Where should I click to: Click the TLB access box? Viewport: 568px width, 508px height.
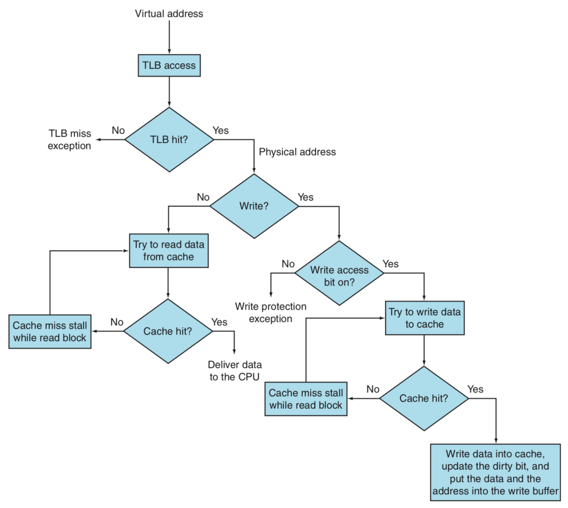click(x=169, y=65)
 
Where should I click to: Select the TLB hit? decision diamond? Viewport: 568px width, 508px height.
click(x=169, y=139)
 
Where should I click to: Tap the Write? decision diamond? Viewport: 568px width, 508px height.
click(x=254, y=206)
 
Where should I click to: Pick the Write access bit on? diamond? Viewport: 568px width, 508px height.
click(x=339, y=273)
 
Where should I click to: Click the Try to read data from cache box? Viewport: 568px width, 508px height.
click(x=169, y=251)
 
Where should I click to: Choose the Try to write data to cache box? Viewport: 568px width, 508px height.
click(x=424, y=318)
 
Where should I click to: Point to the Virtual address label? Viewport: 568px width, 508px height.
click(x=169, y=14)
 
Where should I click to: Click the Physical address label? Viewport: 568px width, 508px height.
click(x=297, y=152)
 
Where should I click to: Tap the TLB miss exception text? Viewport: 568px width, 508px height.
click(x=69, y=140)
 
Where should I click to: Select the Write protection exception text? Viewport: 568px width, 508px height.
click(x=271, y=312)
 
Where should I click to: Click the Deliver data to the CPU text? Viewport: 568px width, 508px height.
click(x=235, y=371)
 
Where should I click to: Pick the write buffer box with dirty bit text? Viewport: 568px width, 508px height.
click(x=495, y=473)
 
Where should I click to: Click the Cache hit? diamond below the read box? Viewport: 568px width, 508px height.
click(x=168, y=331)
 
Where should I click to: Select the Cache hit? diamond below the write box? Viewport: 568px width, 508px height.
click(x=424, y=398)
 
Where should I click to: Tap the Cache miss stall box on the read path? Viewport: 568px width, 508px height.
click(x=50, y=332)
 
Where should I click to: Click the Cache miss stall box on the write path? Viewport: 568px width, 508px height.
click(x=306, y=399)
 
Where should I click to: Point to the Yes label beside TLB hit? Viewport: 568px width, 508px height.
click(x=221, y=130)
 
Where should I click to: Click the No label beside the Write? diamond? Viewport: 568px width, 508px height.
click(x=203, y=197)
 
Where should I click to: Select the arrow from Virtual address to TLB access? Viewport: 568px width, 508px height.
click(x=169, y=37)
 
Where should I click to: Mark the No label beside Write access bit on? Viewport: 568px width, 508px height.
click(x=288, y=264)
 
